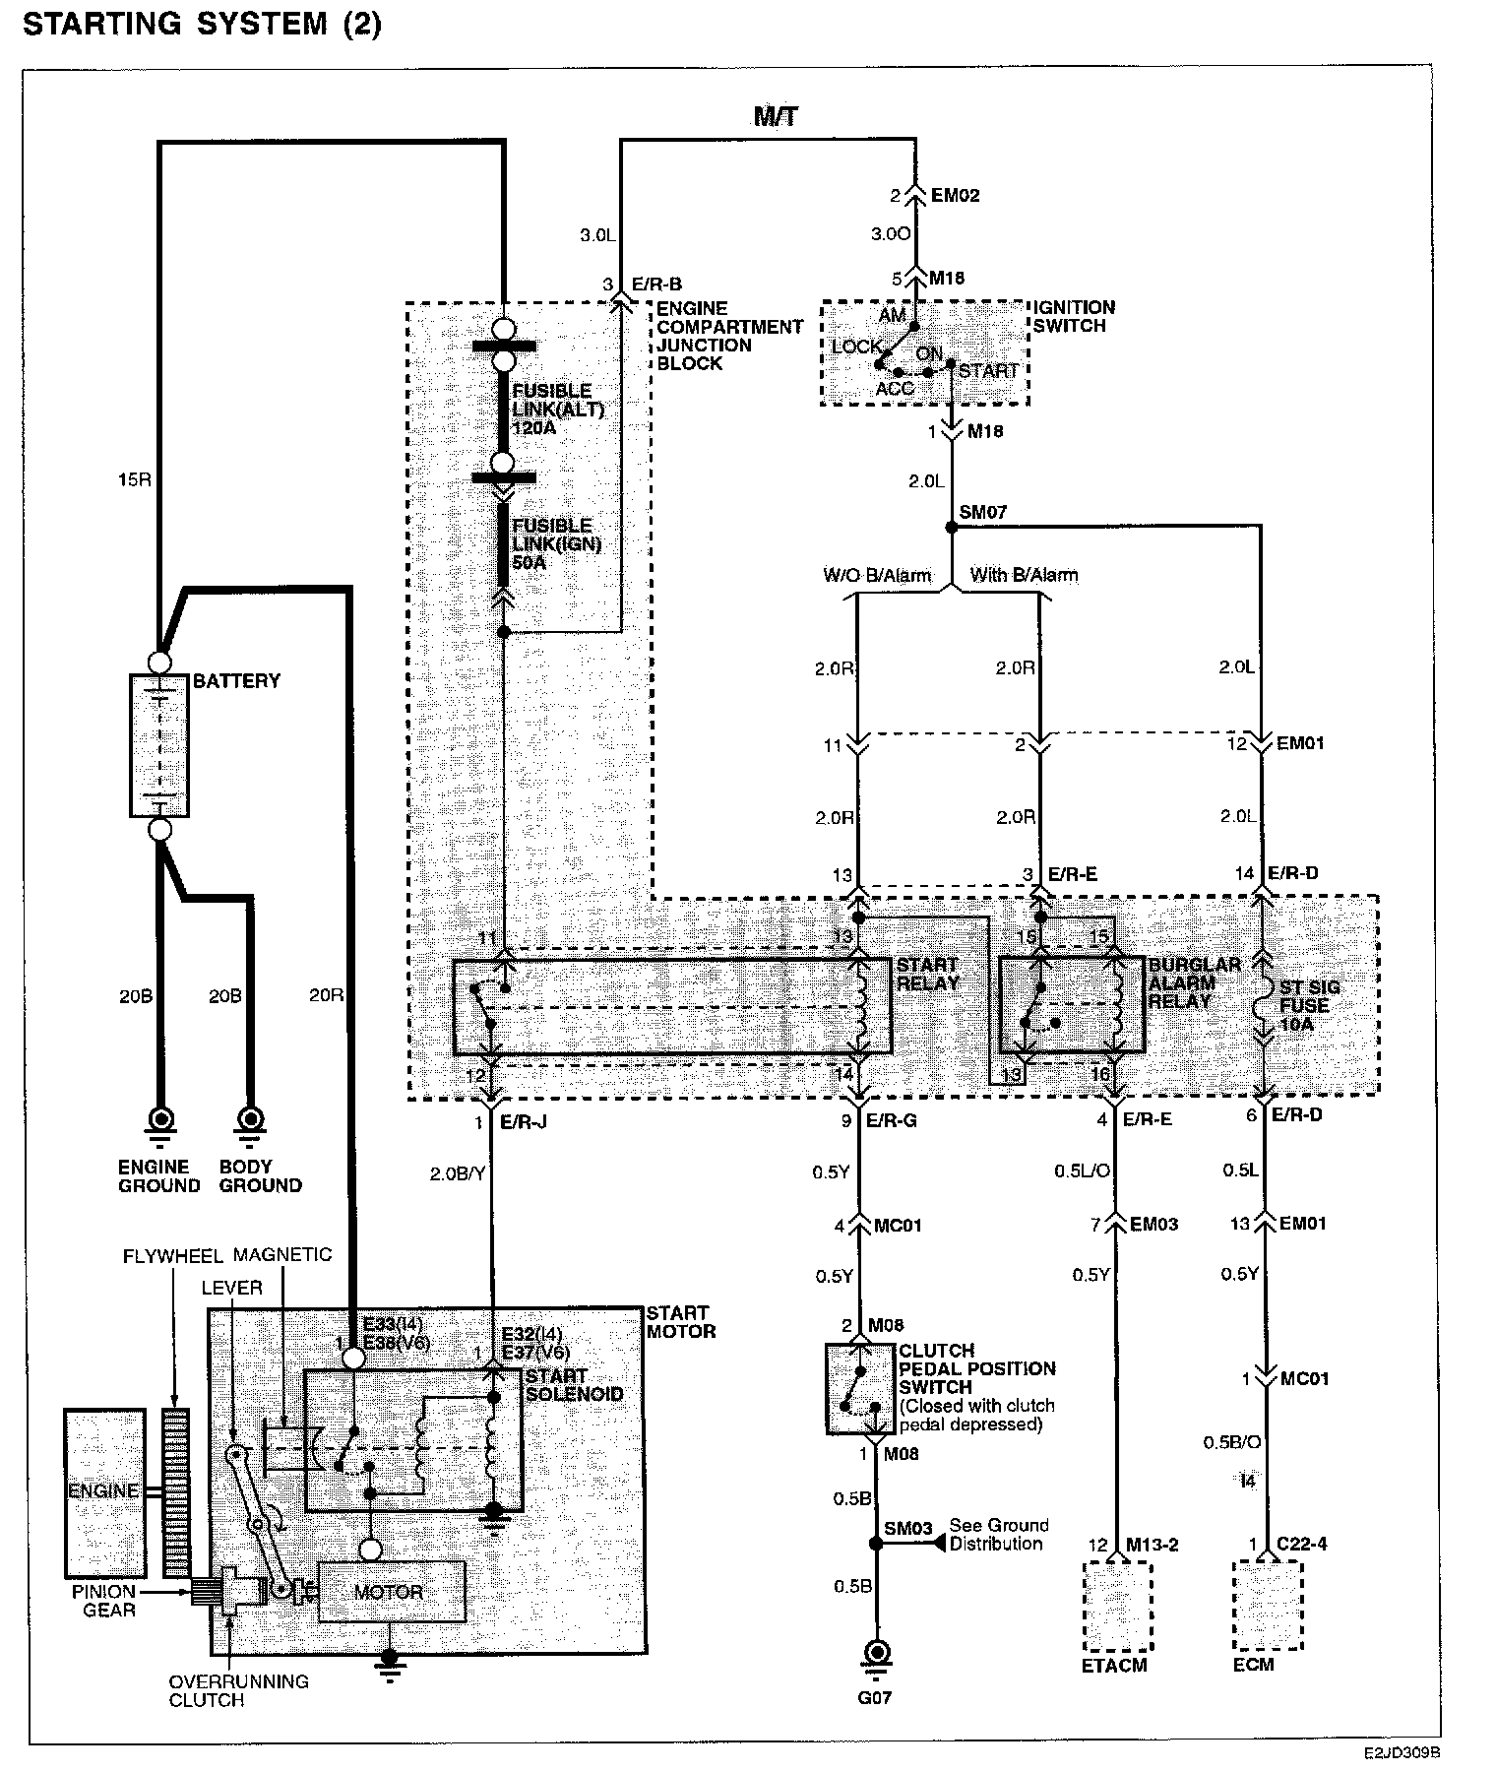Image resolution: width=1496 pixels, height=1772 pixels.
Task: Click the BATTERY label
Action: [236, 680]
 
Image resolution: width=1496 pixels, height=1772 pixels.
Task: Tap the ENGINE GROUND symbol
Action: [159, 1122]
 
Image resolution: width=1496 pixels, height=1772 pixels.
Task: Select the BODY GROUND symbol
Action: [252, 1122]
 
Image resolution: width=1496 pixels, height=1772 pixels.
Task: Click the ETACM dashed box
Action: [1117, 1605]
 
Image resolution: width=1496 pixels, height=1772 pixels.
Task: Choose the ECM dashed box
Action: [1268, 1605]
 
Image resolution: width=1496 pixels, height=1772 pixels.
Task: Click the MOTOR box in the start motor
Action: [390, 1592]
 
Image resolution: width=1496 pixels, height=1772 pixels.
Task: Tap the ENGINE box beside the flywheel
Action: [103, 1491]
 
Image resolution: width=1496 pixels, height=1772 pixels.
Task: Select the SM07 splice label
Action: [983, 512]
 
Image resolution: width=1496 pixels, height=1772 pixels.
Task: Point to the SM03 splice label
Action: [907, 1529]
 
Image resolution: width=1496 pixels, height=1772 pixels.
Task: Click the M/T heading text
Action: [776, 116]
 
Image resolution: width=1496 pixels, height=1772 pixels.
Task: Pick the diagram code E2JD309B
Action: [1402, 1753]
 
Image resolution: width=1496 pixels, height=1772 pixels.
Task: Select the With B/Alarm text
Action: [1024, 575]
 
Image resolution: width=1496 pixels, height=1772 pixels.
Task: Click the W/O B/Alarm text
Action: [877, 575]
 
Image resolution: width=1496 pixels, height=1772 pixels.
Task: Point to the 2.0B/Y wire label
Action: [458, 1173]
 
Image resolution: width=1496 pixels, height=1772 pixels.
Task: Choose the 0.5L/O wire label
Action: [1083, 1171]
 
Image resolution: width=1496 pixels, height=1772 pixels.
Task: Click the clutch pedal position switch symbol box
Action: [860, 1388]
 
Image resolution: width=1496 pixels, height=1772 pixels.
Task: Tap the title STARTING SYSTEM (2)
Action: [202, 25]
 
